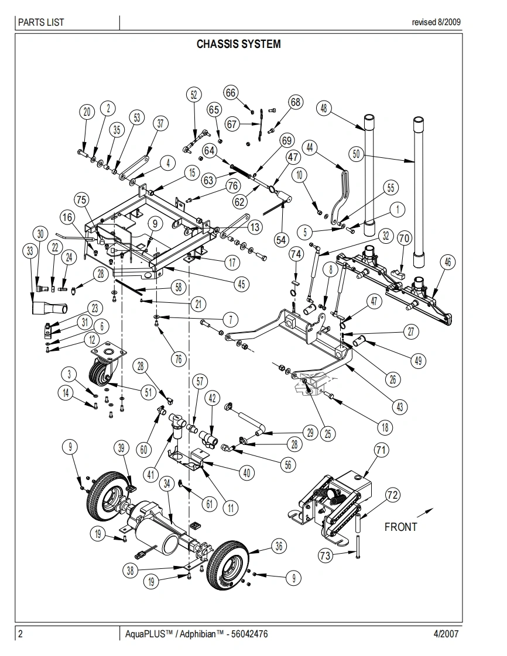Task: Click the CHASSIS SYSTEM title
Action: [x=238, y=44]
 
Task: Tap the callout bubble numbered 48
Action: [x=323, y=108]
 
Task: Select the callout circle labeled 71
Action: [x=381, y=450]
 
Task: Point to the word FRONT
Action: [x=400, y=527]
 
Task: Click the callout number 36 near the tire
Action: [x=279, y=546]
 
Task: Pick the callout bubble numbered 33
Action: [x=29, y=251]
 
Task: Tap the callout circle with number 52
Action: [x=194, y=95]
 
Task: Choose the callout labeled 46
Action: [x=447, y=263]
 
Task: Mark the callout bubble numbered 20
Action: [x=87, y=113]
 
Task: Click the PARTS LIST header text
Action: [x=41, y=23]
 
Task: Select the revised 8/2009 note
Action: [x=436, y=23]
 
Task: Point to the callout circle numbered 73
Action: [x=325, y=555]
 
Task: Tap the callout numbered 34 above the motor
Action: [x=167, y=483]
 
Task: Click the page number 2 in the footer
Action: [x=20, y=634]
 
